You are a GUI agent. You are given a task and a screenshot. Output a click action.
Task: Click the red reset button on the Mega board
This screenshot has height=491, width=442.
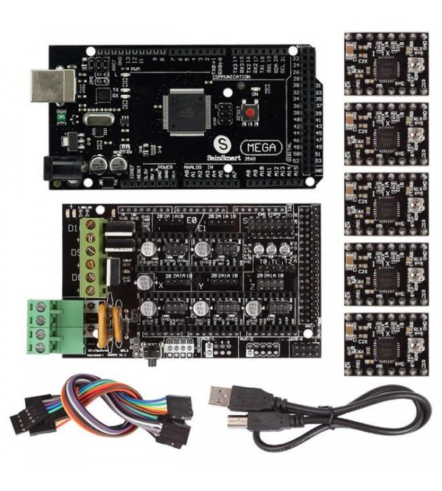252,114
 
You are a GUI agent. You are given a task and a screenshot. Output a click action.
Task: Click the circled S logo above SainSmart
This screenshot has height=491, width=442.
219,143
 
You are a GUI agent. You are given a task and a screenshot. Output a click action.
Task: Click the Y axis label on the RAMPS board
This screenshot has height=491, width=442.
200,282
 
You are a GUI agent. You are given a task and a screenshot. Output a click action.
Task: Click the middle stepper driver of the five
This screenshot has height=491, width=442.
385,203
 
